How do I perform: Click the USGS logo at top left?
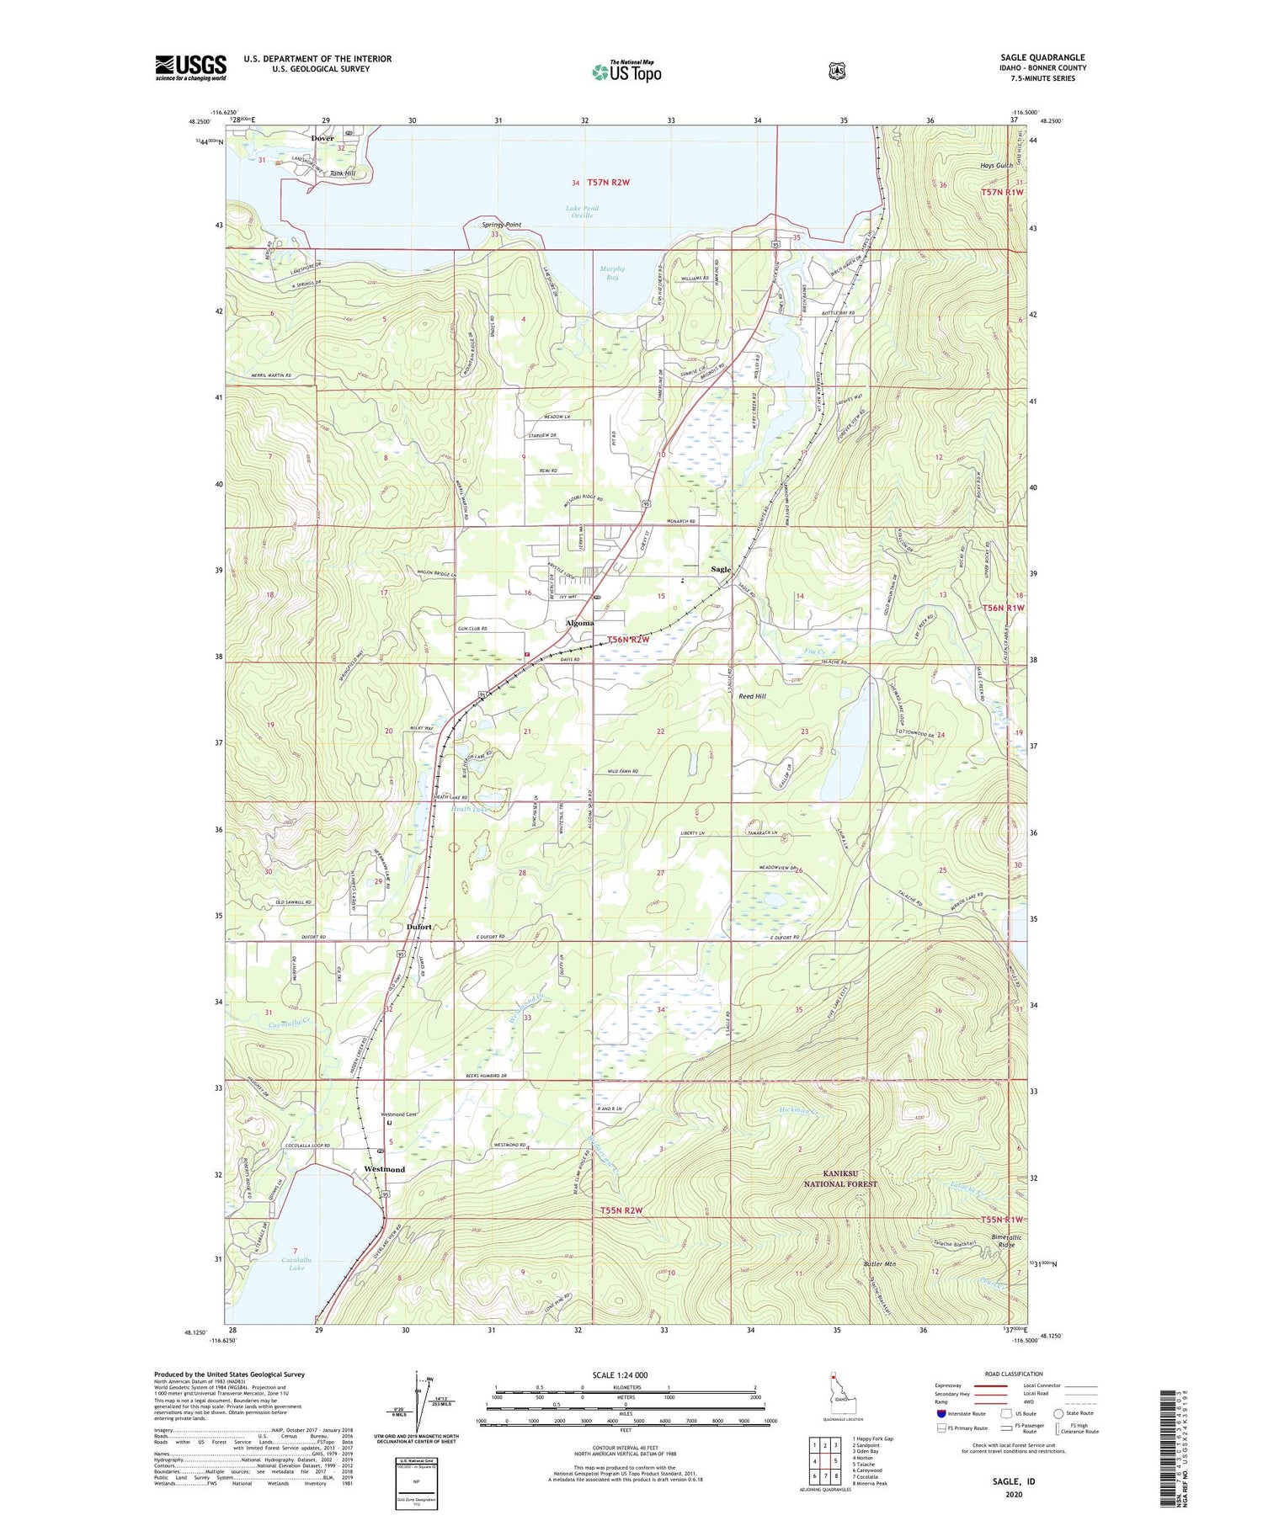pos(191,67)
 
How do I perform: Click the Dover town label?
pos(322,138)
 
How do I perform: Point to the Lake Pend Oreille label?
pos(579,210)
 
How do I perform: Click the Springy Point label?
pos(502,225)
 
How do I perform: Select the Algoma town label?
pos(579,623)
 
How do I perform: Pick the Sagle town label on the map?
pos(721,570)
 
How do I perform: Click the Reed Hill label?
pos(752,696)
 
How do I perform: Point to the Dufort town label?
pos(418,927)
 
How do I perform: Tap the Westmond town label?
pos(384,1169)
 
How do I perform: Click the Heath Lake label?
pos(469,809)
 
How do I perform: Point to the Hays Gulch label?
pos(996,166)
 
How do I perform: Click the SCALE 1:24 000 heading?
pos(626,1375)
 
